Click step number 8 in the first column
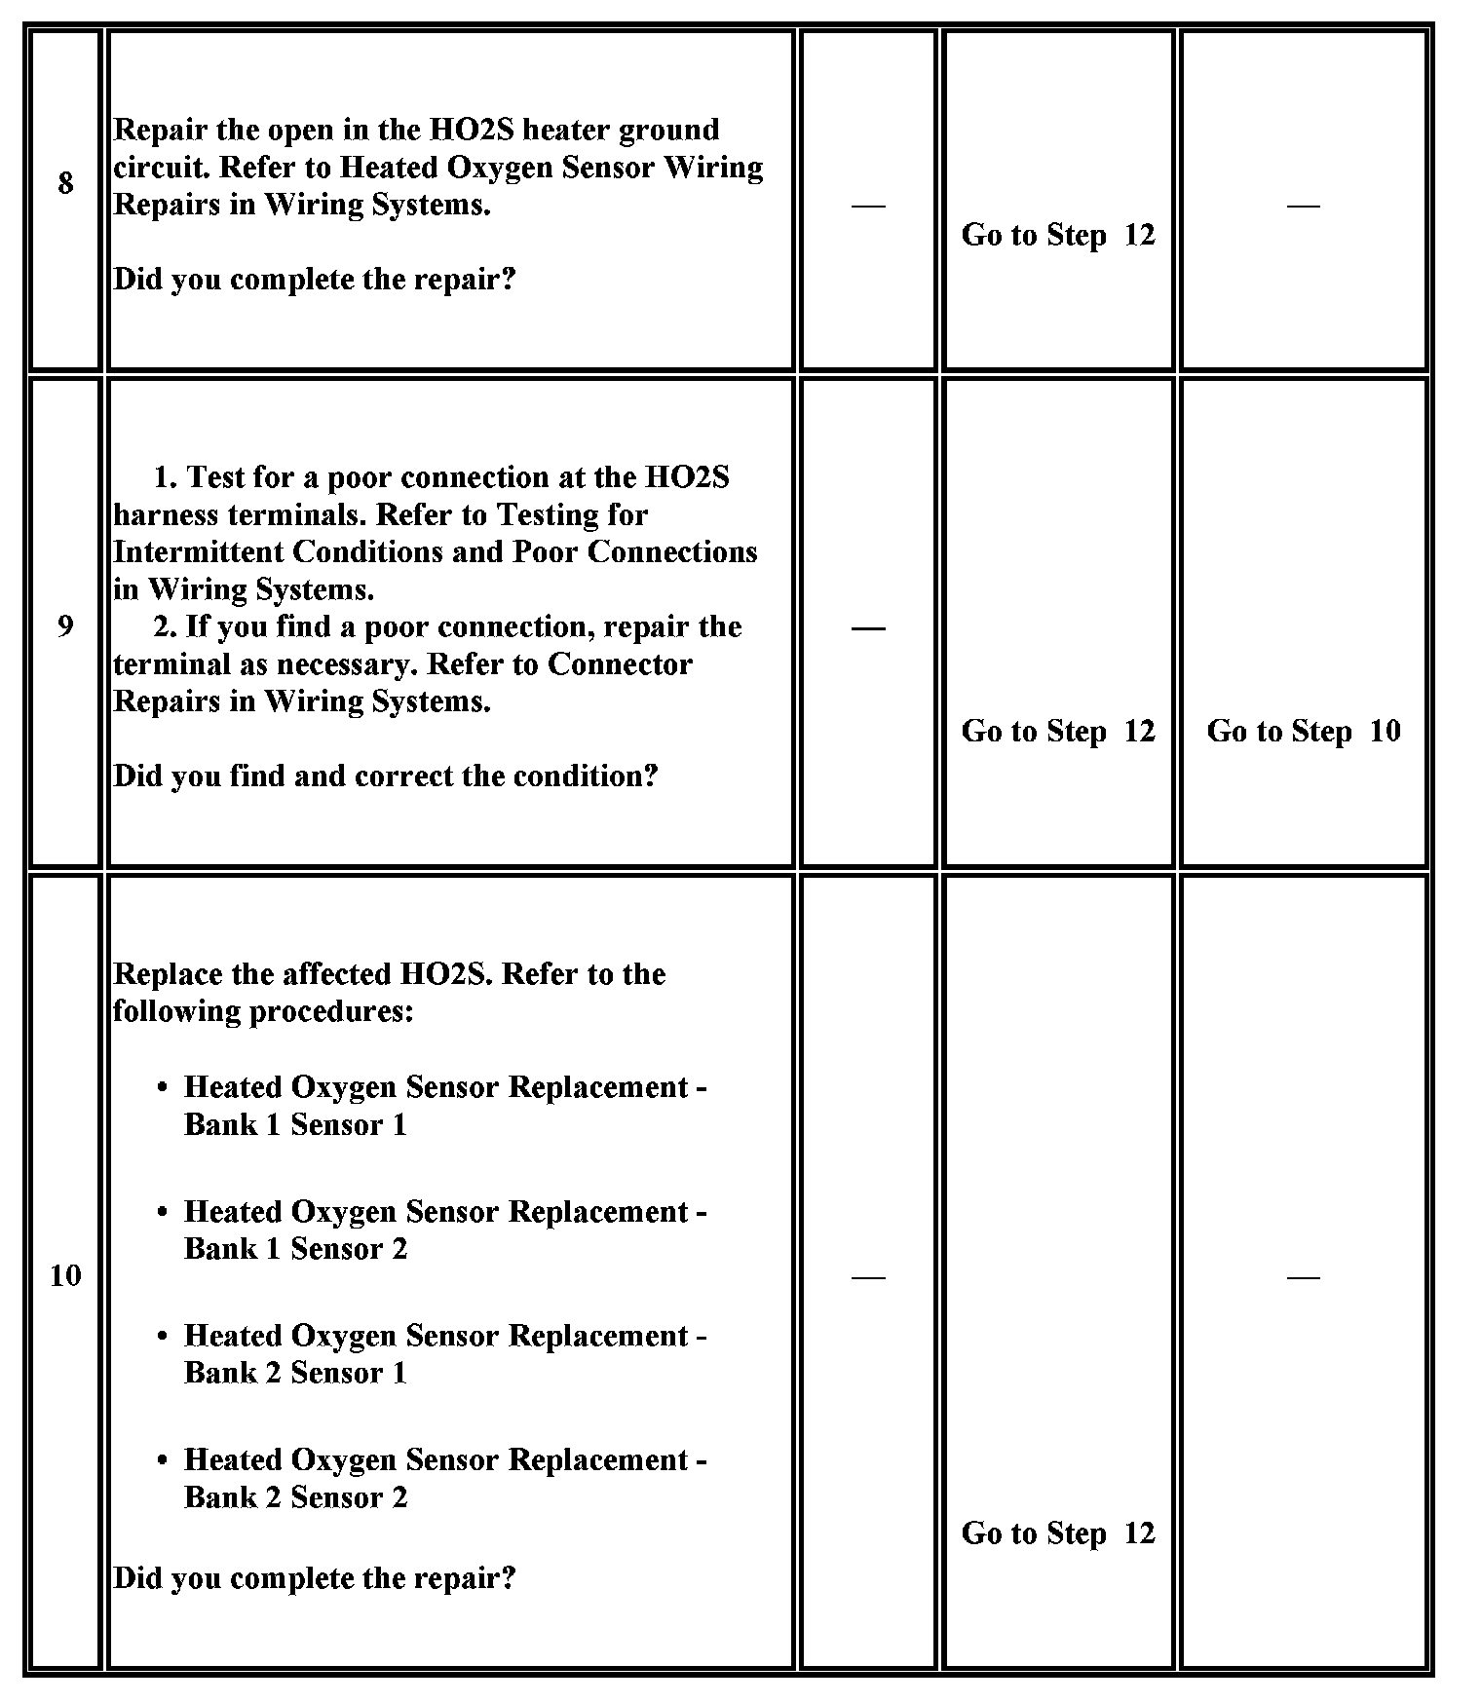(x=65, y=183)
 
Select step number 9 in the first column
(x=65, y=625)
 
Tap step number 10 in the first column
(x=65, y=1275)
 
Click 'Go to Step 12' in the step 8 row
(x=1057, y=235)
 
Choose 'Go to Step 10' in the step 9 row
(x=1303, y=731)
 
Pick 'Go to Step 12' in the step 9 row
(x=1057, y=731)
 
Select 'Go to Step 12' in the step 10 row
(x=1057, y=1533)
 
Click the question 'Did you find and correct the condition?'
(x=386, y=776)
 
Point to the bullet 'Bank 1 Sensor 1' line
(x=295, y=1124)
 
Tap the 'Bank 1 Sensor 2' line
(x=295, y=1248)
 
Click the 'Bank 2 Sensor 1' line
(x=295, y=1373)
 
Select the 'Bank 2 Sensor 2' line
(x=295, y=1496)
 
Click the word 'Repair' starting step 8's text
(x=162, y=131)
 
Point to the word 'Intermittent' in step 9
(x=198, y=552)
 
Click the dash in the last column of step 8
(x=1303, y=205)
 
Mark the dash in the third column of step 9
(x=868, y=628)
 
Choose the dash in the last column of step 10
(x=1303, y=1276)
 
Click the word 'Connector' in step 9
(x=620, y=664)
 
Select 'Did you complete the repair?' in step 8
(x=315, y=280)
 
